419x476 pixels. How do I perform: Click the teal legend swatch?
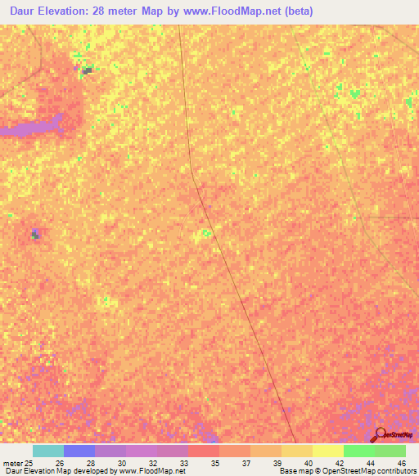48,451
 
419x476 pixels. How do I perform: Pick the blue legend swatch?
79,451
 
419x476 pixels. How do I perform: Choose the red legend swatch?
204,451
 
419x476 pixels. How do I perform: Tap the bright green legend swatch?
359,451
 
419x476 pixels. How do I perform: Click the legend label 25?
29,463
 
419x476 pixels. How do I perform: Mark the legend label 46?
401,463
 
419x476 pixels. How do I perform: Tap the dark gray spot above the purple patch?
86,71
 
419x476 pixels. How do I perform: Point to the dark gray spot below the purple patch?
35,235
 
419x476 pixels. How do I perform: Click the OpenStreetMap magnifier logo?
381,434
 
